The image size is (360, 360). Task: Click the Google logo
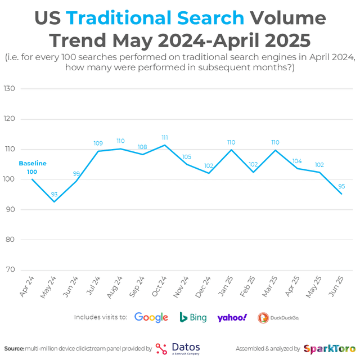(x=151, y=317)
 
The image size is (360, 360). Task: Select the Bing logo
(x=193, y=317)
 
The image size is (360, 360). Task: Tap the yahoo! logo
(x=232, y=317)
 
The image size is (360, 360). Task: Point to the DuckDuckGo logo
(x=278, y=318)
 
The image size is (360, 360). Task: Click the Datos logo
(x=177, y=348)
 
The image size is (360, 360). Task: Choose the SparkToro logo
(x=329, y=348)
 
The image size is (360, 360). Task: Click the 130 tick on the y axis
(x=9, y=89)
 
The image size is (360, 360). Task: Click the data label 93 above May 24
(x=55, y=194)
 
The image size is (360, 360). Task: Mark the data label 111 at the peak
(x=164, y=138)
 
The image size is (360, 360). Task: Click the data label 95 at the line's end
(x=341, y=187)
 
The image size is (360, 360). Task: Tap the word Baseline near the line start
(x=33, y=163)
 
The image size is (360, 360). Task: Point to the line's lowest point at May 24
(x=55, y=201)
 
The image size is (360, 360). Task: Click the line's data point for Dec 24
(x=209, y=173)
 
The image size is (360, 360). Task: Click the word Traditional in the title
(x=155, y=19)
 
